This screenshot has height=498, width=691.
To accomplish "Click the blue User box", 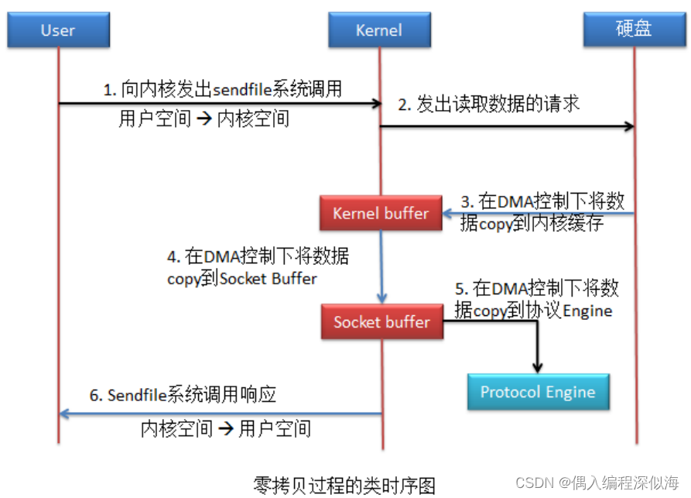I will [58, 30].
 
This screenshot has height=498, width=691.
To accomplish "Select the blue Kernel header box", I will [379, 30].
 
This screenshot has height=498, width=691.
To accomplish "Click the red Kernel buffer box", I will [381, 213].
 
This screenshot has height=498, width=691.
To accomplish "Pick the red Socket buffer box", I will [382, 321].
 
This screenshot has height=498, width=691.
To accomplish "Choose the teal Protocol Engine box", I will [538, 392].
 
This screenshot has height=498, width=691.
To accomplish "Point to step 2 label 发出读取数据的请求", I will [489, 104].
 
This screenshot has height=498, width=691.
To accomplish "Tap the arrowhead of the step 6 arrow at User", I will [65, 414].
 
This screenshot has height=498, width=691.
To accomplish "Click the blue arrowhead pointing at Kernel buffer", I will [448, 214].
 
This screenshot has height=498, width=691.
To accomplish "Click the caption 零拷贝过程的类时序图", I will [344, 485].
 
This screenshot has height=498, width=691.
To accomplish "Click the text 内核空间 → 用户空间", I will [226, 428].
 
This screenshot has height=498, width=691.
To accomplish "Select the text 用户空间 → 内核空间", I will [204, 118].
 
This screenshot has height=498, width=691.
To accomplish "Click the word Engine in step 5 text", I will [587, 311].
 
